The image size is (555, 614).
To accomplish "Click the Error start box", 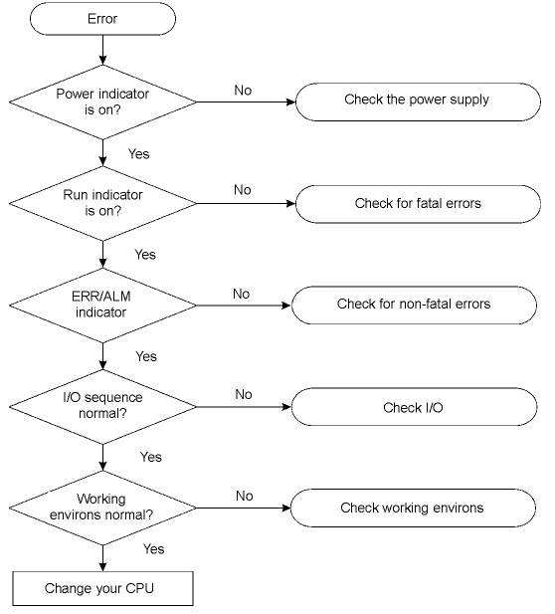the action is click(102, 18).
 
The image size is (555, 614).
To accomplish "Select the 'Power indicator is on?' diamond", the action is click(102, 102).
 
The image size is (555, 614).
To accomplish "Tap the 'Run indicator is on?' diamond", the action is click(102, 203).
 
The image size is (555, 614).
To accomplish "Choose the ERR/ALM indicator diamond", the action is click(102, 306).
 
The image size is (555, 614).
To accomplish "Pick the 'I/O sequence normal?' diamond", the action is click(102, 406).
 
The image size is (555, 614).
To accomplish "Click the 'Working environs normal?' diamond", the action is click(102, 508).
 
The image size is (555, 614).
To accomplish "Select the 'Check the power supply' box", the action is click(418, 102).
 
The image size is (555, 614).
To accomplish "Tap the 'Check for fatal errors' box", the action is click(418, 204).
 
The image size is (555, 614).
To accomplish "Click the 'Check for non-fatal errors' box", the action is click(414, 306).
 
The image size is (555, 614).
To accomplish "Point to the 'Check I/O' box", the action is click(414, 407).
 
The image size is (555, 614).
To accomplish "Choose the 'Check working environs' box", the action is click(413, 508).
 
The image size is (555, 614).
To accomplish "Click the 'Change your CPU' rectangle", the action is click(102, 588).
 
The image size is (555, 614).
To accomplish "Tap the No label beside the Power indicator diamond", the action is click(243, 91).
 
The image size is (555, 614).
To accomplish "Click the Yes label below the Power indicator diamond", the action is click(139, 154).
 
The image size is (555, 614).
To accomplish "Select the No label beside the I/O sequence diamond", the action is click(244, 394).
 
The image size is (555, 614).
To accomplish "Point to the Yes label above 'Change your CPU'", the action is click(153, 549).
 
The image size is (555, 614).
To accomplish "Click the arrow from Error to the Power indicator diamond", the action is click(102, 50).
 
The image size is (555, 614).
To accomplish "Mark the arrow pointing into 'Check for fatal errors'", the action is click(246, 204).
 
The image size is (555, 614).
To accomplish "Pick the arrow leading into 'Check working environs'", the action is click(244, 508).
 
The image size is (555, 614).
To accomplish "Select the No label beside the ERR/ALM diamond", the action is click(241, 295).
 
